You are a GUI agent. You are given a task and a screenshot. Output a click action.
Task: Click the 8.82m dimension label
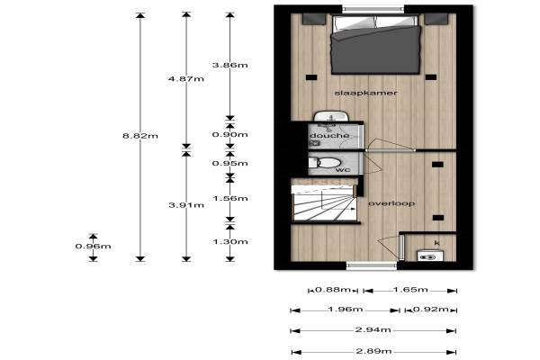tap(140, 136)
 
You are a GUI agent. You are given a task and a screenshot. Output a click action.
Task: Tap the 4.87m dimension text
tap(186, 78)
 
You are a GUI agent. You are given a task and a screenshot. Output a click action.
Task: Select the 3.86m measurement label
tap(229, 65)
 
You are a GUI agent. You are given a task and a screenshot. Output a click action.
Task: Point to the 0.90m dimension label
tap(229, 134)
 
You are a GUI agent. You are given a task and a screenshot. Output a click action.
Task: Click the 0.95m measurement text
tap(229, 163)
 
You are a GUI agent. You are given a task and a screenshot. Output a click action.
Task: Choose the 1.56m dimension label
tap(229, 198)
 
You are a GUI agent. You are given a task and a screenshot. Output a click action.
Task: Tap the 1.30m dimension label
tap(229, 241)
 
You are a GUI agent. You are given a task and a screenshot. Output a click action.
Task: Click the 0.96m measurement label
tap(93, 246)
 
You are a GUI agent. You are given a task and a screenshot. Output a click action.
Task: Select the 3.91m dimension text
tap(186, 205)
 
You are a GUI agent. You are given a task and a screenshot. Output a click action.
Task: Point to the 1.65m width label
tap(410, 290)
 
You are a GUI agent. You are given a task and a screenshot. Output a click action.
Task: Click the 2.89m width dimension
tap(373, 351)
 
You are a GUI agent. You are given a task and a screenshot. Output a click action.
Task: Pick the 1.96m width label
tap(346, 309)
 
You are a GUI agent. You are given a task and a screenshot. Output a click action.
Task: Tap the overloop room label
tap(391, 203)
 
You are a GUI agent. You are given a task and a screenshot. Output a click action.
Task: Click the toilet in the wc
tap(324, 163)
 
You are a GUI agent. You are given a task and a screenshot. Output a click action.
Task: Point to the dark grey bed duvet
tap(375, 49)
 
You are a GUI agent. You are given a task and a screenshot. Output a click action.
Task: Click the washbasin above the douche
tap(331, 116)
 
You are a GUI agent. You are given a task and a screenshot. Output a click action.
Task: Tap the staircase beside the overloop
tap(324, 202)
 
